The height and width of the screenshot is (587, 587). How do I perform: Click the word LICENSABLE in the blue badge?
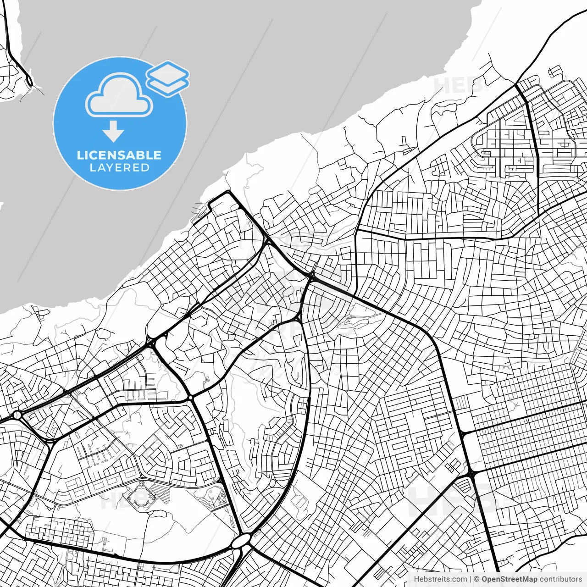click(x=119, y=155)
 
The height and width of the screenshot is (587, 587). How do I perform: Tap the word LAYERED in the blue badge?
click(x=119, y=168)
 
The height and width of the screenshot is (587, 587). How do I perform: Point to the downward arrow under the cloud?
click(x=113, y=132)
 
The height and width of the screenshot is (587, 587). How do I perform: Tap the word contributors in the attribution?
click(x=560, y=579)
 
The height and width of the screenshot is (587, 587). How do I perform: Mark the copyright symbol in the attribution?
click(x=476, y=579)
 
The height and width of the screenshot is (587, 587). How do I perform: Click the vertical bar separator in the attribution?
click(x=471, y=579)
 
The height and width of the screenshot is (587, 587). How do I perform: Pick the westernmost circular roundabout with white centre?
click(x=17, y=415)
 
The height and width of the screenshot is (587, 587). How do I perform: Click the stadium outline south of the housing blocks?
click(x=140, y=494)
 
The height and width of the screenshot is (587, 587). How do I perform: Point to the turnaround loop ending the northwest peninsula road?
click(x=30, y=82)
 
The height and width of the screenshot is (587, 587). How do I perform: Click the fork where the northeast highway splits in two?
click(x=517, y=85)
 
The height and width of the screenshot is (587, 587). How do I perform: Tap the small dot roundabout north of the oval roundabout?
click(x=189, y=397)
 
